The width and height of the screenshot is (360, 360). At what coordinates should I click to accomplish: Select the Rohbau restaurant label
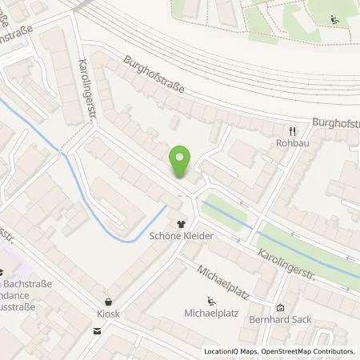click(293, 146)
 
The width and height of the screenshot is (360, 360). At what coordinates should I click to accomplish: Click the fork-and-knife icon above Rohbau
click(293, 131)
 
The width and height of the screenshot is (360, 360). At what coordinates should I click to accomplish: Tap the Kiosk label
click(108, 314)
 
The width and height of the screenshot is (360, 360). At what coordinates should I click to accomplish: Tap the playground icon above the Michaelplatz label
click(210, 301)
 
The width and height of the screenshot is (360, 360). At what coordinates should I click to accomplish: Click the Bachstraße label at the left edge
click(23, 285)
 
